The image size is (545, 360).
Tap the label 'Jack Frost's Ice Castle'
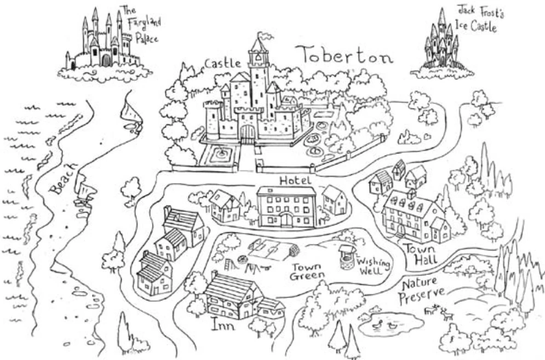pyautogui.click(x=477, y=20)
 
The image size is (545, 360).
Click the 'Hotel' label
pyautogui.click(x=295, y=180)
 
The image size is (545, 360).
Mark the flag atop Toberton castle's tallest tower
pyautogui.click(x=265, y=37)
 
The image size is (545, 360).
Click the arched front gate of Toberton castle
pyautogui.click(x=248, y=133)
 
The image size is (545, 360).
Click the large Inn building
pyautogui.click(x=233, y=296)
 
